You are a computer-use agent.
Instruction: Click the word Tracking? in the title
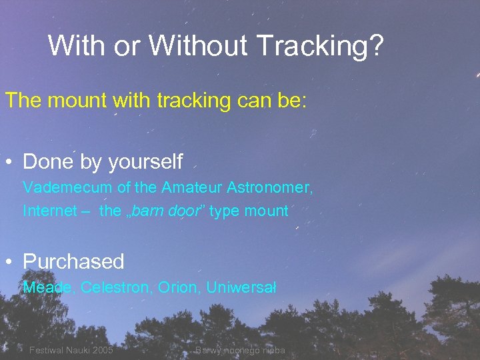(x=319, y=45)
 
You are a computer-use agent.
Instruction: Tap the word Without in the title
(x=198, y=45)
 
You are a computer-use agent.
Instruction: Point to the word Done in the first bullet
(x=49, y=162)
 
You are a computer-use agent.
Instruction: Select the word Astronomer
(x=273, y=187)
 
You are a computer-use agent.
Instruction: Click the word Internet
(x=50, y=211)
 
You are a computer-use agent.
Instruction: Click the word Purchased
(x=73, y=261)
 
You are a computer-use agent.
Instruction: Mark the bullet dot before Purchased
(x=10, y=262)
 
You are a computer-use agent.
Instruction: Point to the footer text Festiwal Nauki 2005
(x=71, y=351)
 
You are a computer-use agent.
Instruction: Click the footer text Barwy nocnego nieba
(x=240, y=351)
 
